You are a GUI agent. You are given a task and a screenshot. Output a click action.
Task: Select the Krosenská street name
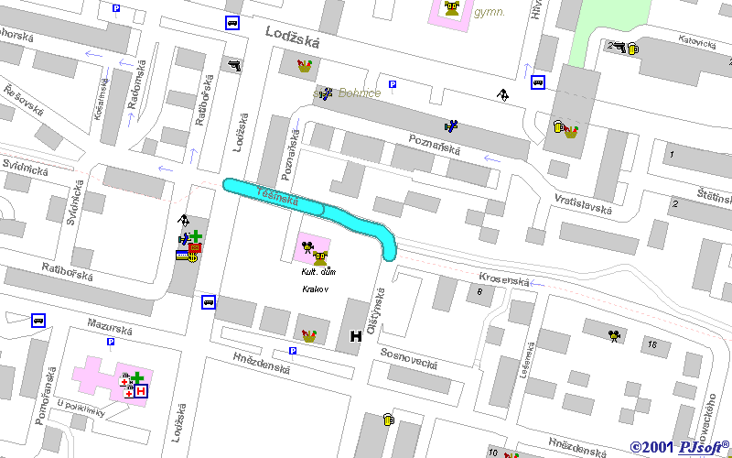[503, 278]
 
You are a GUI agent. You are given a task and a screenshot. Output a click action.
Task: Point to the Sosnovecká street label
[409, 358]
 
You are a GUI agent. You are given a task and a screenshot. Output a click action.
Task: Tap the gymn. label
[490, 12]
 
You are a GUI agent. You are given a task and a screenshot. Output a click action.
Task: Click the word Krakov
[315, 289]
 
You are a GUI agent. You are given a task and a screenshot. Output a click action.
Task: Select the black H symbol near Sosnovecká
[356, 336]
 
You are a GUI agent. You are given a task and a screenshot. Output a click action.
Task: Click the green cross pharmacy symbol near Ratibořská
[195, 236]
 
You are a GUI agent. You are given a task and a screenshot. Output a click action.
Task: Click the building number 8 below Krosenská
[479, 291]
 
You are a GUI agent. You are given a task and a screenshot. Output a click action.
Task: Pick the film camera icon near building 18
[614, 335]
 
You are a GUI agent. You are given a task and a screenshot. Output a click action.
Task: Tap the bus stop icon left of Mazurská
[38, 320]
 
